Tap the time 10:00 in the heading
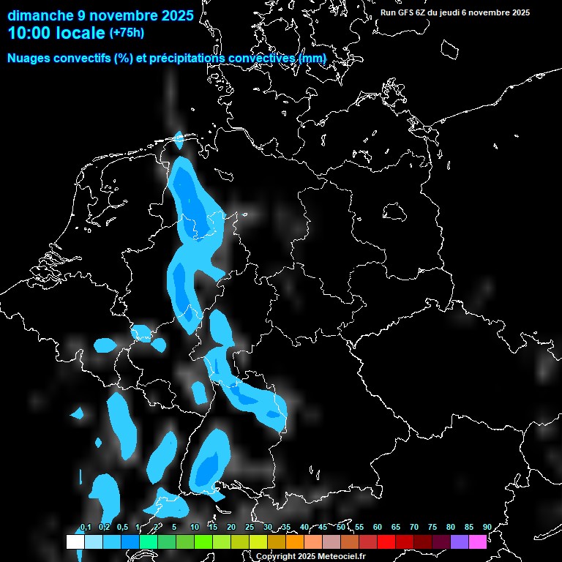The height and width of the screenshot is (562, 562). [31, 33]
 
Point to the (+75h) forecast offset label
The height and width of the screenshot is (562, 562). [127, 32]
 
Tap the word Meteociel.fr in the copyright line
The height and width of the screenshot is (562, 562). [341, 557]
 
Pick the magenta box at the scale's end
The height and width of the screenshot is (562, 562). [478, 542]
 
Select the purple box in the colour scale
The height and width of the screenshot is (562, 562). [460, 542]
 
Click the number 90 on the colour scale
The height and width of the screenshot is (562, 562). [487, 527]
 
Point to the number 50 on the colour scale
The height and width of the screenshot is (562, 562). [341, 527]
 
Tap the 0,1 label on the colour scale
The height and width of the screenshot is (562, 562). [85, 527]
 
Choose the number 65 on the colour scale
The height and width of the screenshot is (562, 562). [396, 527]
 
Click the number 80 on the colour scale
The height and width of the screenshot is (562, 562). [451, 527]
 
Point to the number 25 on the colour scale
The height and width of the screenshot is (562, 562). [250, 527]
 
